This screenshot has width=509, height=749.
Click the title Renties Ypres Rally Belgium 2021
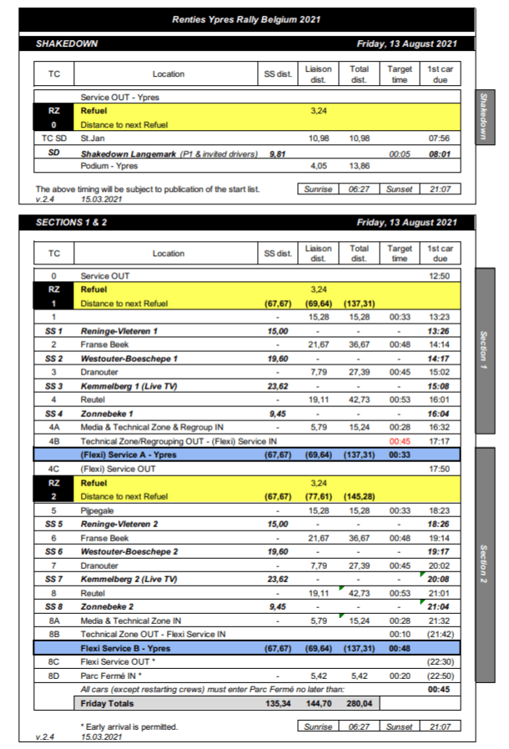pyautogui.click(x=246, y=19)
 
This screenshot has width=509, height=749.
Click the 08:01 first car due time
pyautogui.click(x=440, y=153)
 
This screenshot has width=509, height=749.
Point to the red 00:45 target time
pyautogui.click(x=400, y=441)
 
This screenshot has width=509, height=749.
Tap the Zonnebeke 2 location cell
pyautogui.click(x=108, y=606)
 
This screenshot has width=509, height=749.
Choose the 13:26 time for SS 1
pyautogui.click(x=440, y=331)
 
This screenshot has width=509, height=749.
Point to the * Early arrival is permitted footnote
pyautogui.click(x=129, y=726)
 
